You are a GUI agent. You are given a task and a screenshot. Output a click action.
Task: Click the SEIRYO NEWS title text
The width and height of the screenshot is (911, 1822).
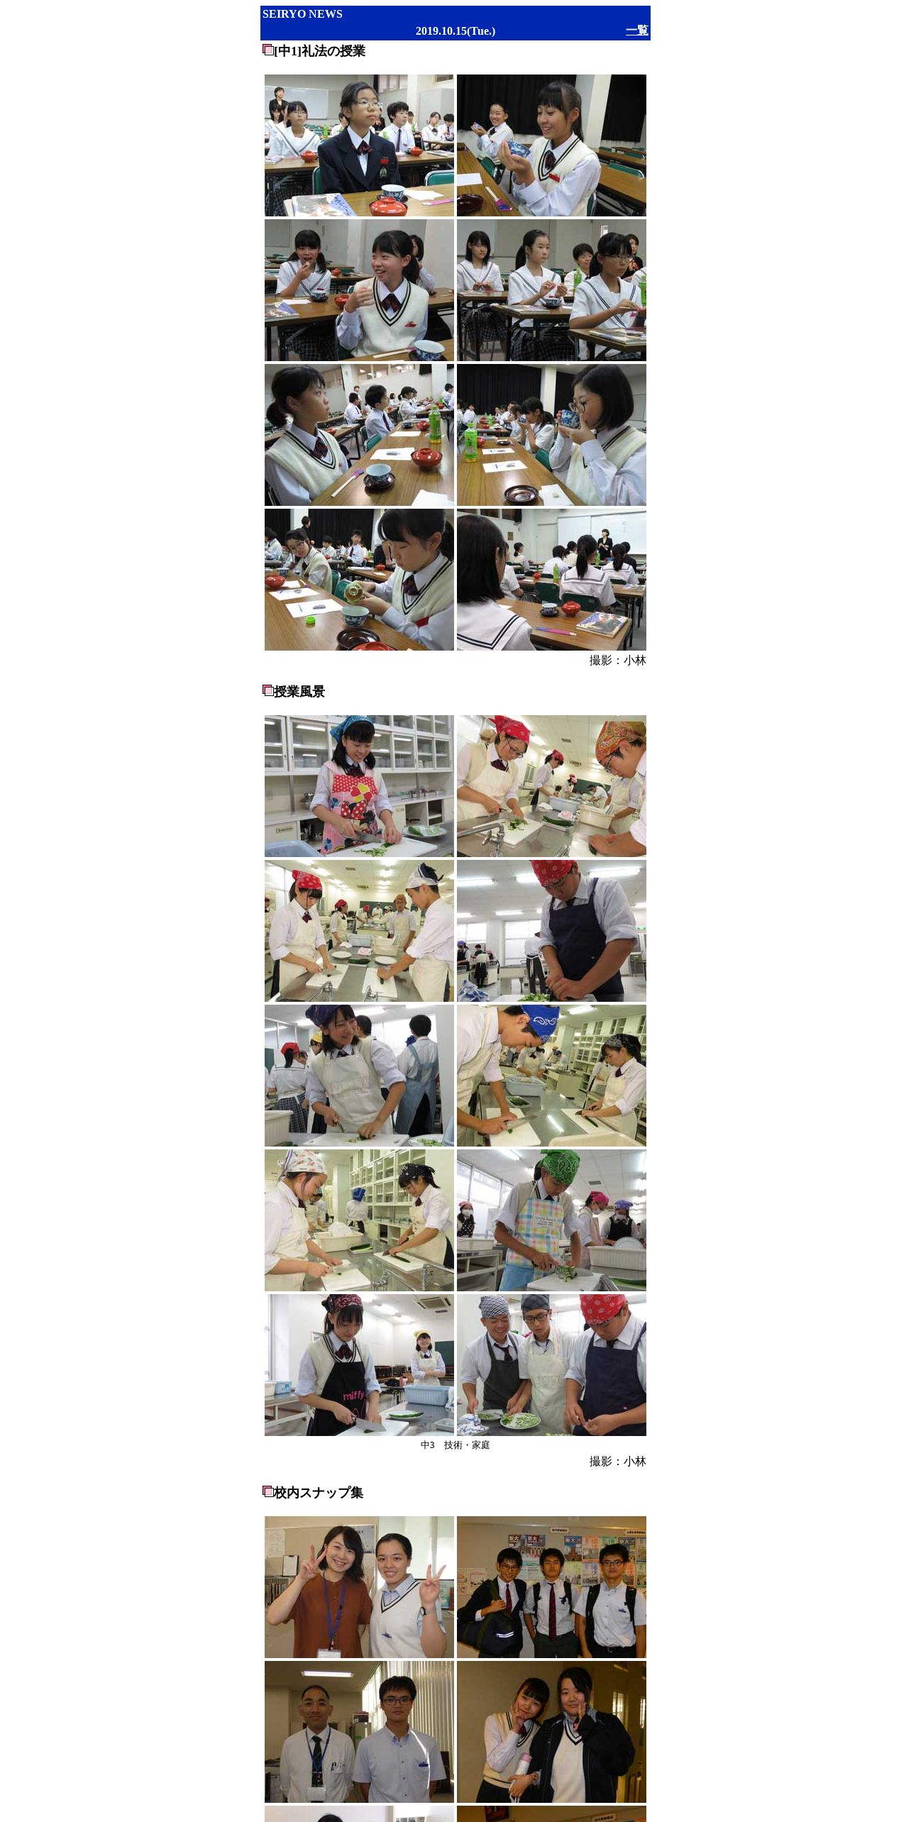coord(302,14)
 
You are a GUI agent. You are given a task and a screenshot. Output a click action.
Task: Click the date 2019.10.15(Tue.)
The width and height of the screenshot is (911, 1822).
coord(455,31)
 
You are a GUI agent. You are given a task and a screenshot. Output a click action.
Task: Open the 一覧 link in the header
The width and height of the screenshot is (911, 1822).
coord(637,31)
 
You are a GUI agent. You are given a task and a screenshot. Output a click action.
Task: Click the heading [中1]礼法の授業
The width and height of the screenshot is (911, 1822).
coord(319,51)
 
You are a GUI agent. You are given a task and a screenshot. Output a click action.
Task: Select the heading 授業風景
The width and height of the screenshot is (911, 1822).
coord(299,692)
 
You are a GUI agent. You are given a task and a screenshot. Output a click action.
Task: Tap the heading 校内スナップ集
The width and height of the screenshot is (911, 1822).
coord(319,1493)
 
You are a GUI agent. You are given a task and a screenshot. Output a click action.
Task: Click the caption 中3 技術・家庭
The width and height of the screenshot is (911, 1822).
coord(455,1445)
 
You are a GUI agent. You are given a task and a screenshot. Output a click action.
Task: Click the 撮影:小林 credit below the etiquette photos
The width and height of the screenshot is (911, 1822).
coord(617,661)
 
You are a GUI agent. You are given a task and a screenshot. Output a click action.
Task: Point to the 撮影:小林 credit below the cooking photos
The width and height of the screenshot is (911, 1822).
coord(617,1462)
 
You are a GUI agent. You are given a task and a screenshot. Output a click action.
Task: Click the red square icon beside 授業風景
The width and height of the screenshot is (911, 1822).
coord(267,690)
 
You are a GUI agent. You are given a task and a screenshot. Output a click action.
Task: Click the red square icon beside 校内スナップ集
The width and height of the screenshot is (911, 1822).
coord(267,1491)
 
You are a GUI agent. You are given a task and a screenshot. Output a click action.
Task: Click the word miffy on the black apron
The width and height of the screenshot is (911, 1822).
coord(354,1396)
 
